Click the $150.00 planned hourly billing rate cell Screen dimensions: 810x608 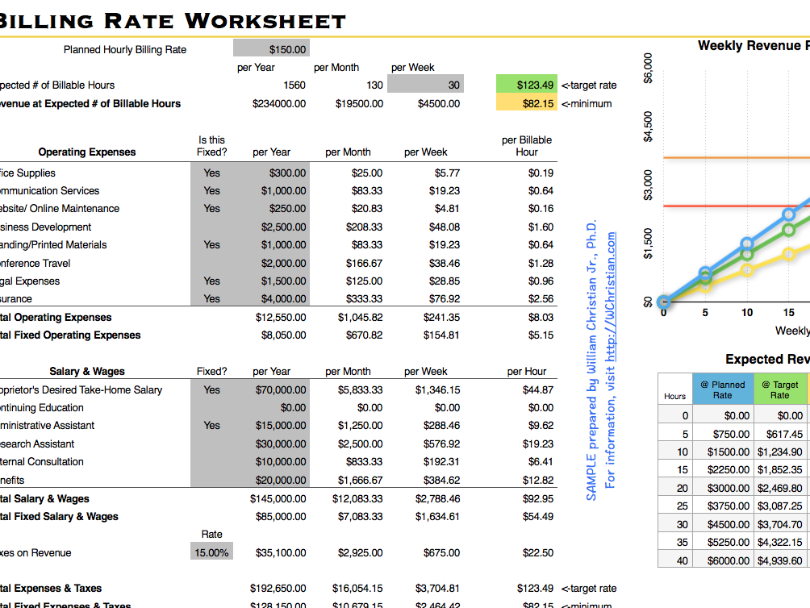point(271,49)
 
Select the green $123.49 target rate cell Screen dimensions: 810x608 point(525,85)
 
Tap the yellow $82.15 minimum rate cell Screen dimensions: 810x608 point(525,103)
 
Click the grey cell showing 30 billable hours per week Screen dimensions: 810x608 point(425,85)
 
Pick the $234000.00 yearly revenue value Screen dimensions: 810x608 point(279,103)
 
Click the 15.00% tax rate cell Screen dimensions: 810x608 point(212,552)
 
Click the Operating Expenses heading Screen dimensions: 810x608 point(87,152)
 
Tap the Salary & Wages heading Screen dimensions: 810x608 point(87,372)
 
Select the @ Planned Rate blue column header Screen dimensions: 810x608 point(722,389)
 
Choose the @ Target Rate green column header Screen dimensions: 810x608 point(779,389)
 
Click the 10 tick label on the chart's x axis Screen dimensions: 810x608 point(747,313)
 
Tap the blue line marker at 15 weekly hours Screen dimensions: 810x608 point(789,215)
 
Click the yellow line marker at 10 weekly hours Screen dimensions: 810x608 point(747,269)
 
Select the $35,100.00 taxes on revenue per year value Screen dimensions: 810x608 point(279,552)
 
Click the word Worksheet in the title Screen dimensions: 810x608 point(265,20)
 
